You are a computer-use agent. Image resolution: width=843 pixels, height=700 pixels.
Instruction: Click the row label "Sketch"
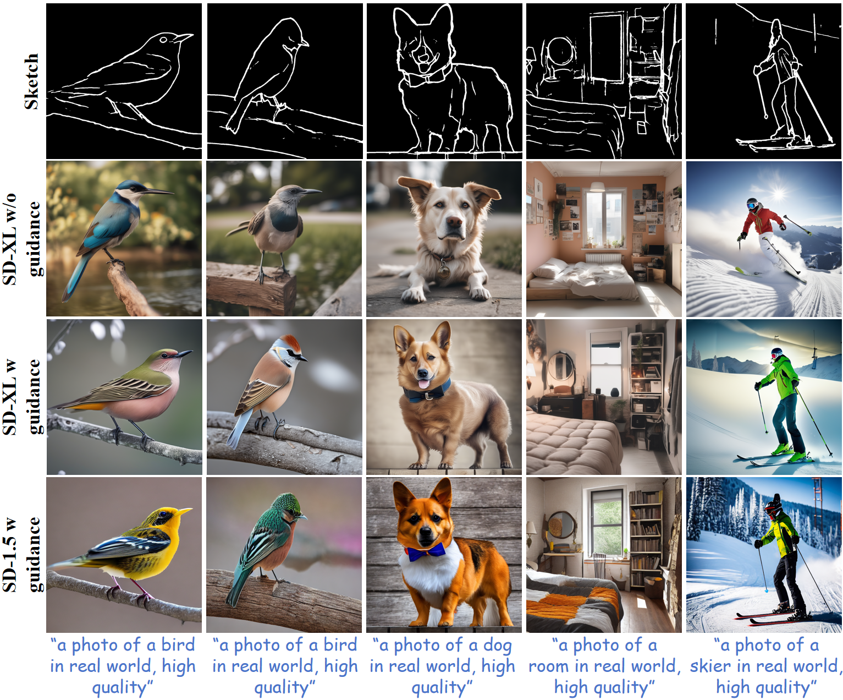[x=31, y=81]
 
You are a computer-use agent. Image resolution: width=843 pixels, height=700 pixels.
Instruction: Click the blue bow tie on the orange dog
[x=426, y=551]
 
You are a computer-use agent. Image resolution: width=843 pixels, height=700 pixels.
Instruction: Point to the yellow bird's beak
[x=184, y=512]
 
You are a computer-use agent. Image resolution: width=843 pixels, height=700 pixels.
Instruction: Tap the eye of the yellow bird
[x=162, y=514]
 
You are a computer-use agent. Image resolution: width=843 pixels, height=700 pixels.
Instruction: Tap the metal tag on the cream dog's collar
[x=444, y=270]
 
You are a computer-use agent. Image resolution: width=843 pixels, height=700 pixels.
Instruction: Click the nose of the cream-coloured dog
[x=454, y=221]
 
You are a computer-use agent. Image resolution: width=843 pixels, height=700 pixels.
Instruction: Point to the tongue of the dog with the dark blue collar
[x=423, y=383]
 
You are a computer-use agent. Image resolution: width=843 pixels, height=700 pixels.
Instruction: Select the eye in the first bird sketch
[x=163, y=40]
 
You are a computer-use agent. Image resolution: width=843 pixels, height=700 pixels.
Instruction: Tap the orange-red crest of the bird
[x=289, y=343]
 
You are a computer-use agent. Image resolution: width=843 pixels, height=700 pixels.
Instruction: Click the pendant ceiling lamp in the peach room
[x=597, y=187]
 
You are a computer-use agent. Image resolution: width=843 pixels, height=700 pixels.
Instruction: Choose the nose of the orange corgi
[x=426, y=532]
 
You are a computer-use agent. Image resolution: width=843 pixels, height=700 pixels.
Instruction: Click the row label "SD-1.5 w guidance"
[x=22, y=555]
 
